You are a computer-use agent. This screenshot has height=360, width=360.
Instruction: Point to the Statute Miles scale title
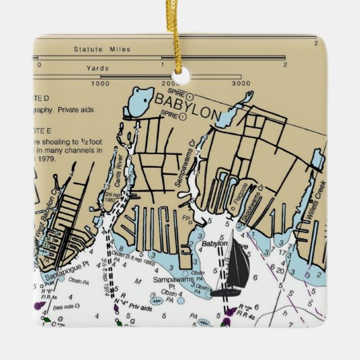click(x=102, y=50)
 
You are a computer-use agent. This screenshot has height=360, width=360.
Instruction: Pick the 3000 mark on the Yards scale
click(x=241, y=84)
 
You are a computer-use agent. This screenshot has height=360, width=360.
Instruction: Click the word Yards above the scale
click(x=98, y=68)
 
